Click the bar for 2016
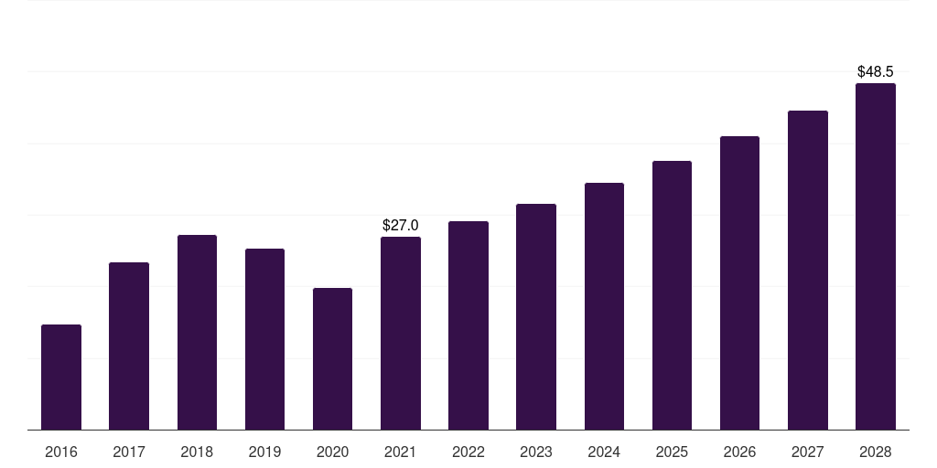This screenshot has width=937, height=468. click(x=61, y=377)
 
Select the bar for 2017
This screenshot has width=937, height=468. click(x=129, y=346)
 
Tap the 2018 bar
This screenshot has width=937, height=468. click(x=197, y=332)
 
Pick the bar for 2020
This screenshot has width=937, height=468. click(x=332, y=358)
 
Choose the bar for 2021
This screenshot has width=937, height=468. click(x=401, y=333)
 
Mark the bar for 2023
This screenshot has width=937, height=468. click(x=536, y=316)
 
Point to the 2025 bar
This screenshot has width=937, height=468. click(x=672, y=295)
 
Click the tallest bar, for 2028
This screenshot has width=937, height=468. click(x=876, y=256)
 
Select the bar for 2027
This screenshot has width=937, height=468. click(x=808, y=270)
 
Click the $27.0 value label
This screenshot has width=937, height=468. click(x=401, y=225)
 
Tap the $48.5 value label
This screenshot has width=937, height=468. click(x=876, y=71)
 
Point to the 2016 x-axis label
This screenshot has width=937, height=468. click(x=61, y=452)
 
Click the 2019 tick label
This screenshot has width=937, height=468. click(x=264, y=452)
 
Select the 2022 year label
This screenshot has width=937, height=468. click(x=468, y=452)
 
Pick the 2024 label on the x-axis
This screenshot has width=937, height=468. click(x=604, y=452)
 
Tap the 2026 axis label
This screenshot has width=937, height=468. click(x=739, y=452)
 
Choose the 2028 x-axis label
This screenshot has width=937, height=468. click(x=876, y=452)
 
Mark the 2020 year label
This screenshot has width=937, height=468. click(x=332, y=452)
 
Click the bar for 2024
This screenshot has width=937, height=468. click(x=604, y=306)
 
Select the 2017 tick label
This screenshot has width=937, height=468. click(x=129, y=452)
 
